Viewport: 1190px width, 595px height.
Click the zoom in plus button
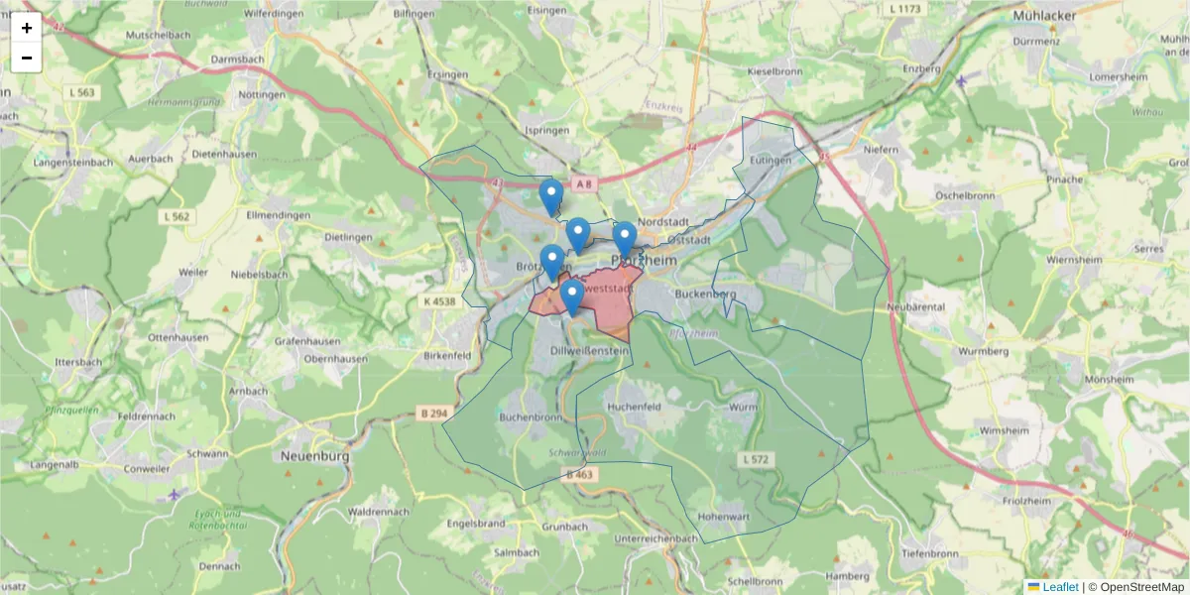pyautogui.click(x=27, y=28)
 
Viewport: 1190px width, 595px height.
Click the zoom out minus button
pyautogui.click(x=27, y=58)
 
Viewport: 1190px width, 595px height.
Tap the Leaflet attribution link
pyautogui.click(x=1059, y=587)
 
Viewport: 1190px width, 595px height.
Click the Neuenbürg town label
pyautogui.click(x=316, y=456)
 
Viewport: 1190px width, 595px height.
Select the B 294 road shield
pyautogui.click(x=433, y=412)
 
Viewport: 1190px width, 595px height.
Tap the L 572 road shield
pyautogui.click(x=755, y=459)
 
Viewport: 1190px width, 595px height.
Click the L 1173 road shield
pyautogui.click(x=906, y=9)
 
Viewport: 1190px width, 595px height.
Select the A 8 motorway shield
pyautogui.click(x=586, y=183)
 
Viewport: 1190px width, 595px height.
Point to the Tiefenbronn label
pyautogui.click(x=928, y=552)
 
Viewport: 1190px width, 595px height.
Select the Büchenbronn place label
pyautogui.click(x=531, y=418)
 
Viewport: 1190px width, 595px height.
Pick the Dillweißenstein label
pyautogui.click(x=589, y=350)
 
